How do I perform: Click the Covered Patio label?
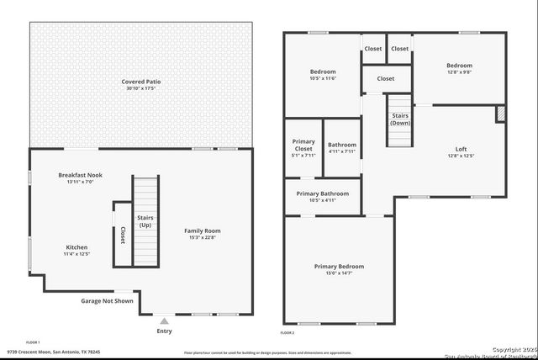pos(140,82)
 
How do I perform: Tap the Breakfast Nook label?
pos(80,175)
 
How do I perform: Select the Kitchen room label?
pos(76,247)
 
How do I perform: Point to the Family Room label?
pos(202,230)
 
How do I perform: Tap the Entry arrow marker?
pos(165,320)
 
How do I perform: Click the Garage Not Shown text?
pos(107,300)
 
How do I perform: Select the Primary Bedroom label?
pos(339,267)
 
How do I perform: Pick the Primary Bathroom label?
pos(322,193)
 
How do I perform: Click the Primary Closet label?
pos(303,146)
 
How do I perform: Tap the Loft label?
pos(461,149)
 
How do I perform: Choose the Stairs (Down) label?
pos(400,119)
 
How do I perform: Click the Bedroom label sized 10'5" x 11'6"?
pos(323,71)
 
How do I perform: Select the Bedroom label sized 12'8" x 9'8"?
pos(459,66)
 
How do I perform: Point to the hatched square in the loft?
pos(500,113)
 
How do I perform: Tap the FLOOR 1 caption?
pos(33,342)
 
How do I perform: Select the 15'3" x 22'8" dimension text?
pos(202,237)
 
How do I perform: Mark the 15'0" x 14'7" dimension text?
pos(339,273)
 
